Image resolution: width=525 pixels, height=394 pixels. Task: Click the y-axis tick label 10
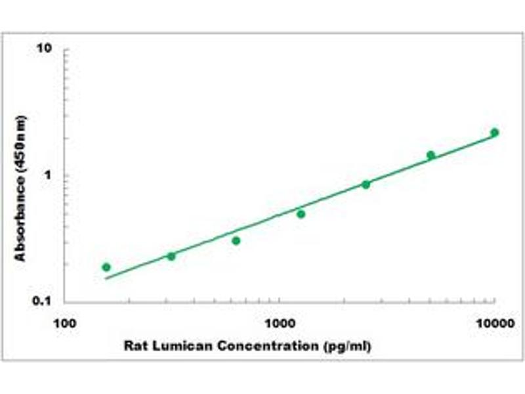point(45,49)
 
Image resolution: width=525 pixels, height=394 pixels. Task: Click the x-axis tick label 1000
point(280,324)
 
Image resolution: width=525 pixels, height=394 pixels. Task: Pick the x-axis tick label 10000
point(493,324)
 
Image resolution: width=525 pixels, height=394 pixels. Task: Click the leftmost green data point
point(106,267)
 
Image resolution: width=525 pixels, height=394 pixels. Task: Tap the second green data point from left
point(171,256)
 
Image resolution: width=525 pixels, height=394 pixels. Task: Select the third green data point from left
point(236,241)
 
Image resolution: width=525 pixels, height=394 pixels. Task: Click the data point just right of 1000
point(301,214)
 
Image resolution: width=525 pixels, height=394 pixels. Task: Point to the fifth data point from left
point(366,185)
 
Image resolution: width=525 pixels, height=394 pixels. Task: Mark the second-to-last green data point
point(430,155)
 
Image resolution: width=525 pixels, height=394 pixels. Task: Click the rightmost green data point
point(494,133)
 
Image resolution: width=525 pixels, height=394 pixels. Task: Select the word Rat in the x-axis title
point(135,345)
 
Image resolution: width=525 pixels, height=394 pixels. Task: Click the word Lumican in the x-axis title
point(172,345)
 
